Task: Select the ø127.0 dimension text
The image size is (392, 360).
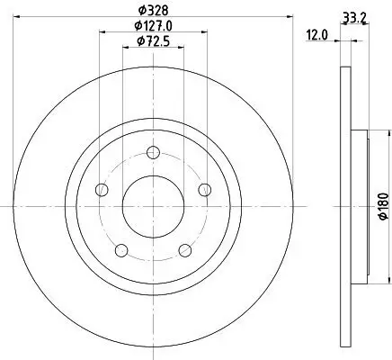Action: (x=153, y=26)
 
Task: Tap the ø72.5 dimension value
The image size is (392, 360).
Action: (x=153, y=41)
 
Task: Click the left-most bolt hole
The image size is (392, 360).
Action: (x=101, y=189)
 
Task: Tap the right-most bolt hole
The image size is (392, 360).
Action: (x=205, y=189)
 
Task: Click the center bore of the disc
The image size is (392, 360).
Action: (x=153, y=206)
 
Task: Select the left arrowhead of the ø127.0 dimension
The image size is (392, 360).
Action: (x=102, y=33)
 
